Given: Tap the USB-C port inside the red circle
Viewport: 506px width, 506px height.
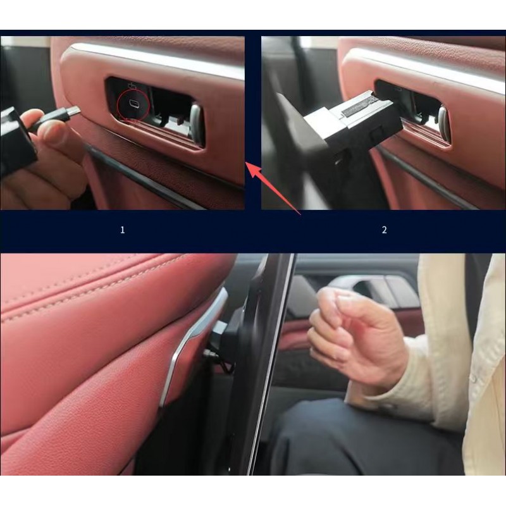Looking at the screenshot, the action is (133, 103).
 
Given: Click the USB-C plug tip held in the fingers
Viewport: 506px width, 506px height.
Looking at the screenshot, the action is (73, 112).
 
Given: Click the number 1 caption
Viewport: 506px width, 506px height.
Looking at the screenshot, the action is (122, 230).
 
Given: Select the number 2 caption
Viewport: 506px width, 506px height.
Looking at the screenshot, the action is (384, 230).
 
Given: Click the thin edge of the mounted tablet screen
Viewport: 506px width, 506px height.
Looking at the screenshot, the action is (272, 364).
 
